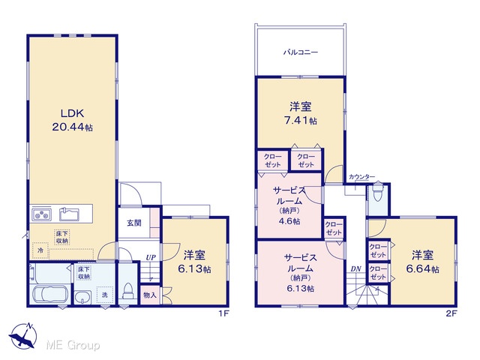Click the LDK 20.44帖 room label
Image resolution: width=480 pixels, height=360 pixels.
pos(73,120)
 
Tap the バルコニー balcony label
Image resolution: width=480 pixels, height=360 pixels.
pos(300,52)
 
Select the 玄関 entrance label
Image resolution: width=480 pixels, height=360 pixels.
pos(134,223)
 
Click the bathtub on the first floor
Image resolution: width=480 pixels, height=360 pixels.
pos(50,295)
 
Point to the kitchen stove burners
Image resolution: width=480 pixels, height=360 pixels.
pos(41,214)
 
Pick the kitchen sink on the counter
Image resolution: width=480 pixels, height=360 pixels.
pos(69,214)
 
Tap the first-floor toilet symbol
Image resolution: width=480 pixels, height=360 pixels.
pos(127,291)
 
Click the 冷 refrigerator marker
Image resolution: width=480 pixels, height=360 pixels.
pos(40,250)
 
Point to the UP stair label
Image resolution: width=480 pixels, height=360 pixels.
pos(151,258)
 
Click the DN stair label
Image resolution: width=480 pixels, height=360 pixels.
pos(355,269)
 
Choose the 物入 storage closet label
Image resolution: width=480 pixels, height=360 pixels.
pos(150,295)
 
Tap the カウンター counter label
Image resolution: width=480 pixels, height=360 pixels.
pos(361,177)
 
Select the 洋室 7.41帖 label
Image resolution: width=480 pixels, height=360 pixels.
pos(300,113)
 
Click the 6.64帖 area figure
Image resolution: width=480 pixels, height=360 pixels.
pos(422,268)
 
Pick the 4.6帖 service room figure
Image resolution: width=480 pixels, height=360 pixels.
pos(289,221)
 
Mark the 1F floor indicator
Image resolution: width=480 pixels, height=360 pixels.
pos(223,313)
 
